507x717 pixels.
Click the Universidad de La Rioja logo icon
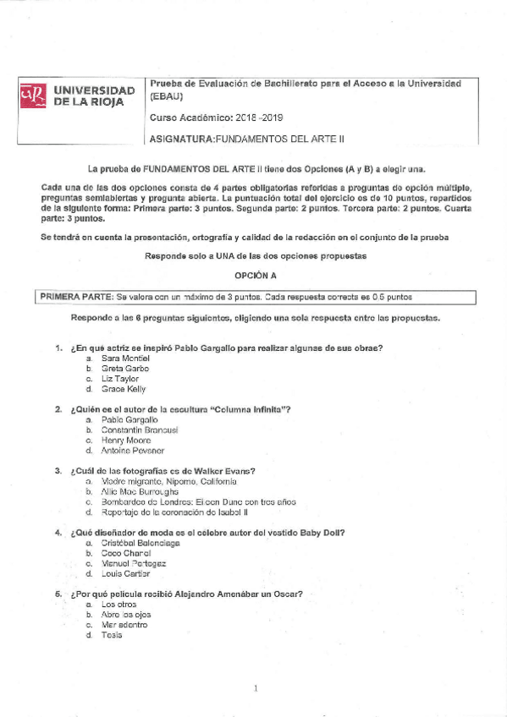coord(32,96)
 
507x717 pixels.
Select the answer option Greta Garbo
coord(124,369)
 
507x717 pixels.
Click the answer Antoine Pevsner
coord(132,451)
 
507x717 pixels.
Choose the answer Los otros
coord(118,605)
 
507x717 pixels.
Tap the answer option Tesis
coord(112,635)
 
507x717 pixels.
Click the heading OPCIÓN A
coord(255,276)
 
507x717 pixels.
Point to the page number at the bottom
coord(255,689)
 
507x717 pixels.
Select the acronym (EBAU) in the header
coord(165,98)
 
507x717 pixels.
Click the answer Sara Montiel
coord(125,358)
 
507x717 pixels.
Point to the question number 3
coord(58,471)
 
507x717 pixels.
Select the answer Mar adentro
coord(124,625)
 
